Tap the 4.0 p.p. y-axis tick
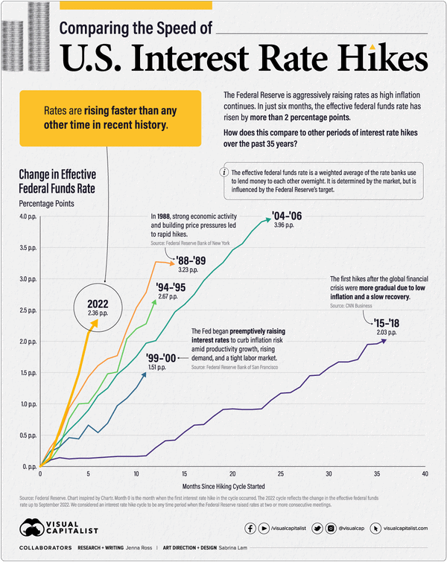pos(28,217)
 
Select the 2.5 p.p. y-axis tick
pos(28,310)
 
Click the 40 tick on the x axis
pos(425,473)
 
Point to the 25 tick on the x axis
pos(280,473)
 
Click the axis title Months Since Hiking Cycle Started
pos(231,486)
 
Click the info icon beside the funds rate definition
pos(225,172)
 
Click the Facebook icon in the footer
pos(250,528)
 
